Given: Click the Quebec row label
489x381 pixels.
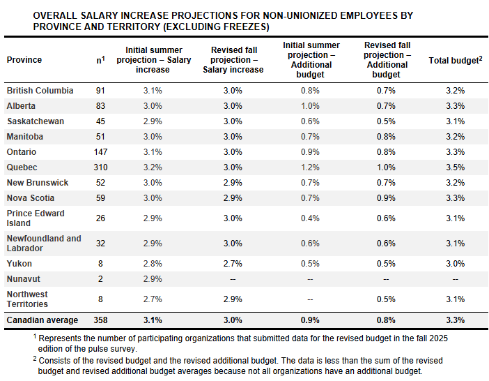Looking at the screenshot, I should (22, 167).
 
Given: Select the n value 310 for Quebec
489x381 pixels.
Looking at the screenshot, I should (100, 167).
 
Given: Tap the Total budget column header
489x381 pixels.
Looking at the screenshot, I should (456, 61).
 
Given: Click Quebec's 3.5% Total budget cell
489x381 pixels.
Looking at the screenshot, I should (456, 167).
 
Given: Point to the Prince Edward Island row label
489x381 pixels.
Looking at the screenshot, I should (36, 218).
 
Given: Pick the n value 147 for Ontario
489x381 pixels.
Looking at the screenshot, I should (100, 152).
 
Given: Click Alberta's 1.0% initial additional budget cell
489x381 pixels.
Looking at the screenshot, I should (311, 106).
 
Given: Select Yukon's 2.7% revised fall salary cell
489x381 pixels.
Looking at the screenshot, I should (233, 264).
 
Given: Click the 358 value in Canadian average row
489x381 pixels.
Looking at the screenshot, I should (100, 320).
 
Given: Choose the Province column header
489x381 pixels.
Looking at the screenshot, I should (24, 60).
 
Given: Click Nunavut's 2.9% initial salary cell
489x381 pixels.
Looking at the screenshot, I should (153, 279).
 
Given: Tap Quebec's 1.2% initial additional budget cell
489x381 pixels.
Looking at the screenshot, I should (311, 167).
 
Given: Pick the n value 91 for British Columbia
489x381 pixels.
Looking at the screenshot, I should (100, 91).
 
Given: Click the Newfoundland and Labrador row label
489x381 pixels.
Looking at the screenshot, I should (44, 244).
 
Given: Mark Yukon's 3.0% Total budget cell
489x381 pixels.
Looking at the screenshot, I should (456, 264).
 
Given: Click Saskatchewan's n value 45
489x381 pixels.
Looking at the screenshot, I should (100, 121).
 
